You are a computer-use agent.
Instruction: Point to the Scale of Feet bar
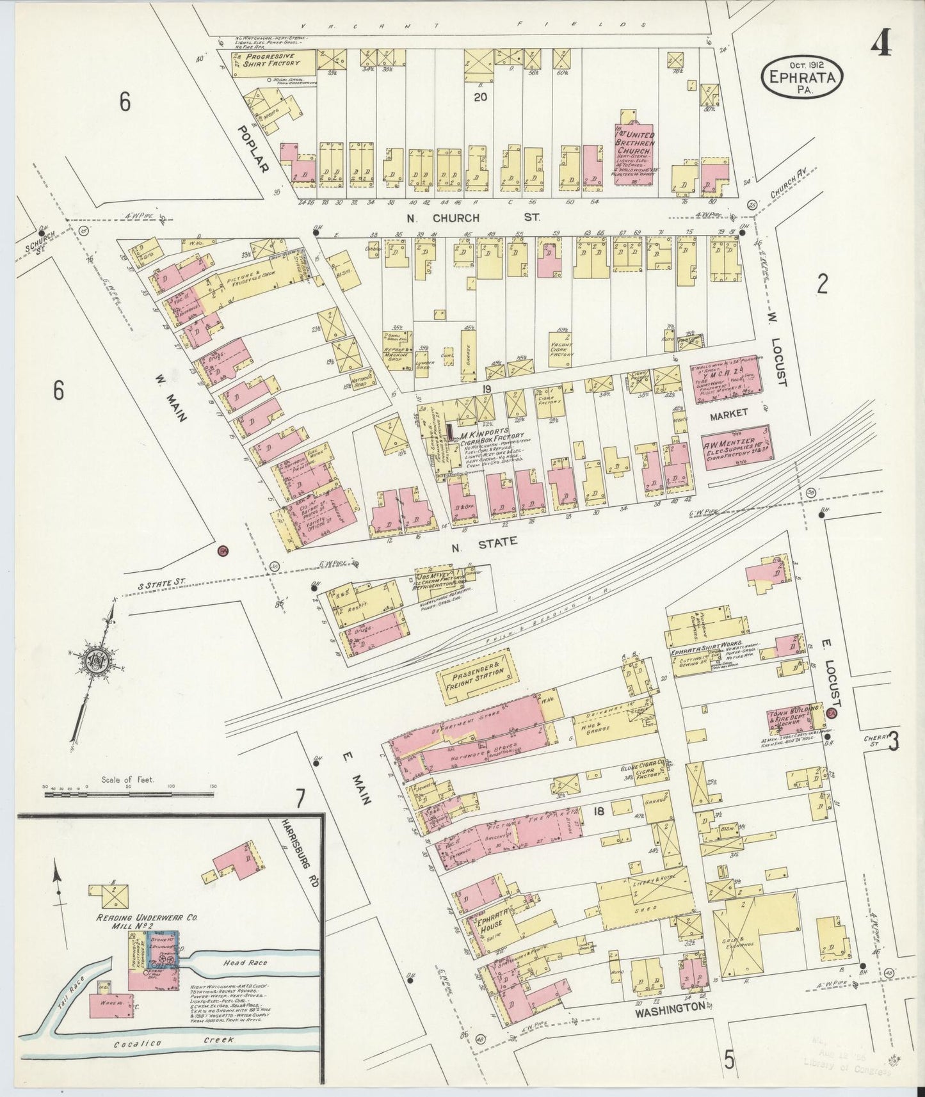[128, 794]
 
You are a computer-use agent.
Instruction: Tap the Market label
[728, 414]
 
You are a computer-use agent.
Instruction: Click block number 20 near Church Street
[481, 97]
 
